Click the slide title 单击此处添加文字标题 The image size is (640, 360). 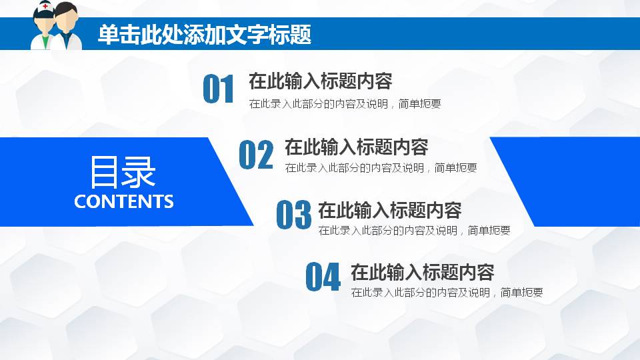pyautogui.click(x=204, y=35)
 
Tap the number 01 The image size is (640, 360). pyautogui.click(x=219, y=89)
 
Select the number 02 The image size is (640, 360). pyautogui.click(x=256, y=155)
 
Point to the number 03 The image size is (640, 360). pyautogui.click(x=293, y=215)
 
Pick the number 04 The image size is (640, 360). pyautogui.click(x=323, y=277)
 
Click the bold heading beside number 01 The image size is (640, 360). pyautogui.click(x=320, y=81)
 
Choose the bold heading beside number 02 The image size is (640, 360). pyautogui.click(x=356, y=147)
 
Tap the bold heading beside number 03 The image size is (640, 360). pyautogui.click(x=390, y=211)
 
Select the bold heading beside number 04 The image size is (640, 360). pyautogui.click(x=422, y=273)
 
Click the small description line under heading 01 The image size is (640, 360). pyautogui.click(x=345, y=104)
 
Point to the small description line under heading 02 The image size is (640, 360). pyautogui.click(x=381, y=168)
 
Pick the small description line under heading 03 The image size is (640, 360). pyautogui.click(x=414, y=231)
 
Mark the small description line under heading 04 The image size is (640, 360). pyautogui.click(x=447, y=293)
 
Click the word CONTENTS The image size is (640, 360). pyautogui.click(x=124, y=201)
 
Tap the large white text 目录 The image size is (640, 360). pyautogui.click(x=123, y=172)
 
